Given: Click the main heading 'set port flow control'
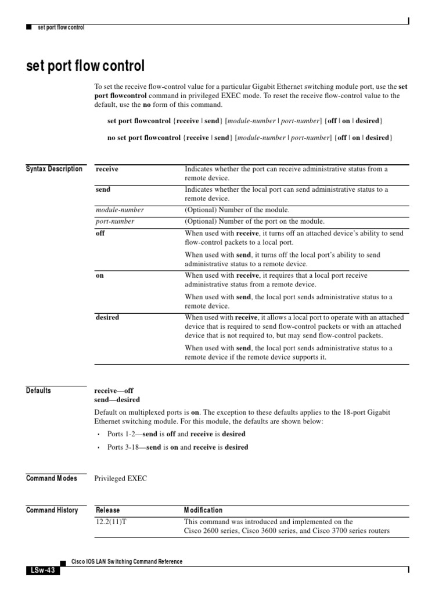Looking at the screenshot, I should tap(85, 66).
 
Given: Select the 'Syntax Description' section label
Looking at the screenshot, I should tap(54, 169).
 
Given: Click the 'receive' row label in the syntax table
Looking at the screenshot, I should tap(107, 169).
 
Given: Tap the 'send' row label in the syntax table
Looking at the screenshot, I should tap(103, 189).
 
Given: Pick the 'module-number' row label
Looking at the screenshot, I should tap(120, 210).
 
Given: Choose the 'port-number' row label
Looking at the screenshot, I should tap(115, 221).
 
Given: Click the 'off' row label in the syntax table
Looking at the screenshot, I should tap(100, 233).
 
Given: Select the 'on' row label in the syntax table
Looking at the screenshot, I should tap(100, 275).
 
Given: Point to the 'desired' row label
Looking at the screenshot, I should tap(107, 317).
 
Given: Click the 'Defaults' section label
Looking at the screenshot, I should tap(38, 390).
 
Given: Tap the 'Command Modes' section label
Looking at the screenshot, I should tap(51, 478).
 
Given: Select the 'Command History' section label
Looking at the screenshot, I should tap(52, 510).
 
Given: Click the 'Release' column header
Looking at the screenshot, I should tap(107, 510).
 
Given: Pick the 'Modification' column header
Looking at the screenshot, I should tap(203, 510).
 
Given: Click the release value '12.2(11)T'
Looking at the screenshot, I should tap(111, 522).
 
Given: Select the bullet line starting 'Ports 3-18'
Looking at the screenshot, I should tap(178, 447).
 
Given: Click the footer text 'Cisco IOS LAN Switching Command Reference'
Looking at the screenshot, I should tap(126, 561).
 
